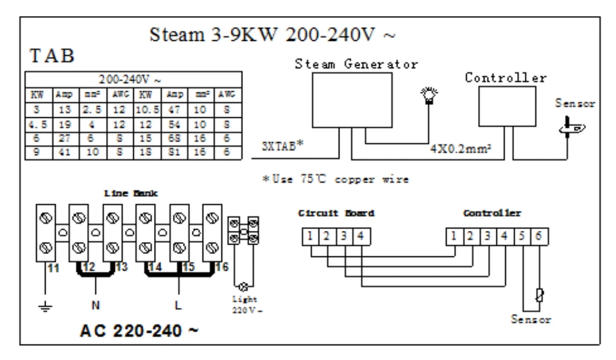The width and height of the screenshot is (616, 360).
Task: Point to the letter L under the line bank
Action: point(180,305)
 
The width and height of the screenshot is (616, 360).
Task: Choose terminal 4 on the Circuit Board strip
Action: point(360,237)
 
